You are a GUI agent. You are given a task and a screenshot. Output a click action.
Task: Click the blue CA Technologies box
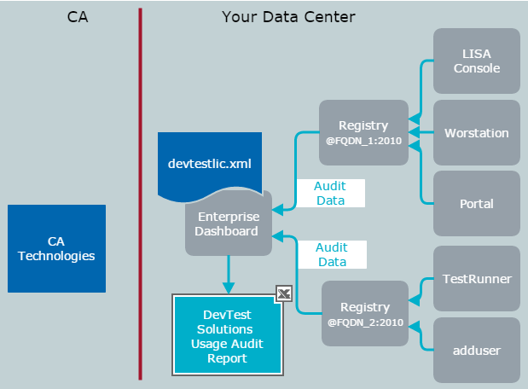pyautogui.click(x=56, y=247)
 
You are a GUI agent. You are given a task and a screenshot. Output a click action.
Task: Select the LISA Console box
pyautogui.click(x=477, y=61)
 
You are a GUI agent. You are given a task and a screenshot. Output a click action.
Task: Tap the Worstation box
pyautogui.click(x=477, y=132)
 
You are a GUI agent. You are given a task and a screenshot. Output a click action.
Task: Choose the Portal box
pyautogui.click(x=477, y=204)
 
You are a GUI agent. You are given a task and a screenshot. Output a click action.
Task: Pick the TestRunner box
pyautogui.click(x=477, y=278)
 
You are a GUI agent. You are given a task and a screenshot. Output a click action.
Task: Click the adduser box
pyautogui.click(x=477, y=350)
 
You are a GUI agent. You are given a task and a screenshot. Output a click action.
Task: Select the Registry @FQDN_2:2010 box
pyautogui.click(x=364, y=314)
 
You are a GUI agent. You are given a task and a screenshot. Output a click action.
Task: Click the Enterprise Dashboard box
pyautogui.click(x=227, y=224)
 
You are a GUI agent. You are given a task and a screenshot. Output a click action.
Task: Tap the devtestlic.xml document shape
pyautogui.click(x=210, y=163)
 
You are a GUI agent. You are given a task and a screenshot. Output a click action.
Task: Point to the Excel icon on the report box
pyautogui.click(x=285, y=294)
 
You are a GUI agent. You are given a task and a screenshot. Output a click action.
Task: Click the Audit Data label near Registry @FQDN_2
pyautogui.click(x=331, y=255)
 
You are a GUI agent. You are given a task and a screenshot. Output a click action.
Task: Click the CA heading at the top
pyautogui.click(x=77, y=16)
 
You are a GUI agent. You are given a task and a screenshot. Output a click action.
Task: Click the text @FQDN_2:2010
pyautogui.click(x=364, y=322)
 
